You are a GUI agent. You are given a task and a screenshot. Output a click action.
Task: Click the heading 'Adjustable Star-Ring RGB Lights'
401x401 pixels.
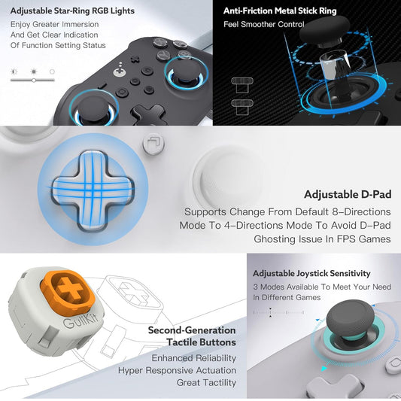tap(72, 11)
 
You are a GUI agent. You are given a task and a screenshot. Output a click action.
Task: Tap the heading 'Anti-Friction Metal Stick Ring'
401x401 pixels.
tap(280, 11)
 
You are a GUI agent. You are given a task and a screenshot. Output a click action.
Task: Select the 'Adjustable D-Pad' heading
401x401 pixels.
tap(348, 194)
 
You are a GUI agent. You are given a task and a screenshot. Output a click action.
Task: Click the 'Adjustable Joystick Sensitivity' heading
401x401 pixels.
tap(311, 273)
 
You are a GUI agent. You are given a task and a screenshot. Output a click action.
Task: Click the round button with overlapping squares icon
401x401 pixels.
tap(153, 144)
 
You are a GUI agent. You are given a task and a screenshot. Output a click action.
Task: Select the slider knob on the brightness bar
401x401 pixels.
tap(34, 81)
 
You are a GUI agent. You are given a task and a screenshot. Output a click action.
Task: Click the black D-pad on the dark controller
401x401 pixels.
tap(149, 114)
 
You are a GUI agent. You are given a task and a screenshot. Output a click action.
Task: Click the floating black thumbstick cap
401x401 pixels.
tap(324, 31)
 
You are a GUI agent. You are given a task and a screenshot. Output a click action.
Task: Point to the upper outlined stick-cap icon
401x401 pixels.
tap(242, 85)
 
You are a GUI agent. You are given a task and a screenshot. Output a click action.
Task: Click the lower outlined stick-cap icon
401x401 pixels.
tap(242, 107)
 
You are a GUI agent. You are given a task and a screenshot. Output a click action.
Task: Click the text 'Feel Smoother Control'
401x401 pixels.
tap(264, 24)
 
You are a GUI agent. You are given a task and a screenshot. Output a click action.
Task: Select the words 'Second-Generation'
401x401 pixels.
tap(192, 330)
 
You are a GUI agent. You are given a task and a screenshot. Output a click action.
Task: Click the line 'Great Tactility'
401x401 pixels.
tap(206, 383)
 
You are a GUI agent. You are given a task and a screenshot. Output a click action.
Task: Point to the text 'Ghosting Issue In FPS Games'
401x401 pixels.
tap(322, 239)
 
